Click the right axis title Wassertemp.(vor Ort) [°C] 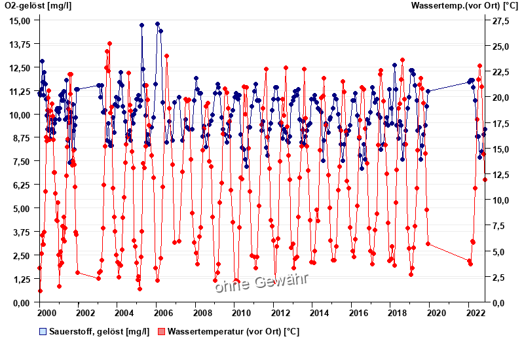[465, 6]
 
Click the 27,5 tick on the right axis [500, 21]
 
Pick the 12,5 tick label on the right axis [500, 175]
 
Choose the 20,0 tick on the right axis [500, 98]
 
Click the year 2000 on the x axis [40, 314]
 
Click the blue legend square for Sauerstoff [43, 331]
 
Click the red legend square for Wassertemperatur [162, 331]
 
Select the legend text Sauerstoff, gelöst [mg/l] [99, 331]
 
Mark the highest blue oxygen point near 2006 [157, 24]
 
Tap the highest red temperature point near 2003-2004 [109, 44]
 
